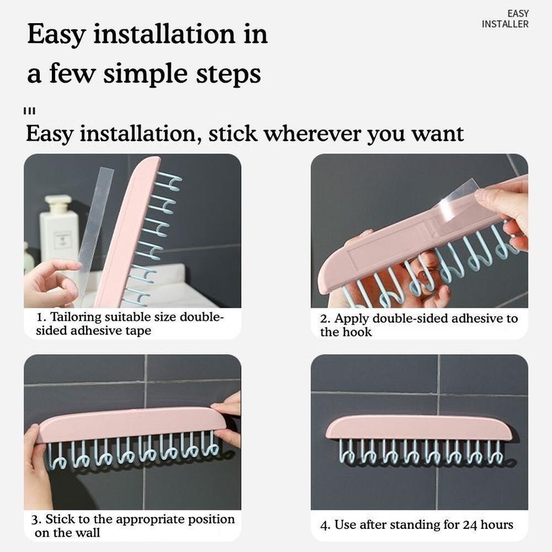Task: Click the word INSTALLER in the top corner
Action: click(x=505, y=24)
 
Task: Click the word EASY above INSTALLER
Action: click(x=518, y=14)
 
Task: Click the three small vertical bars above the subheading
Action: click(x=29, y=112)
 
